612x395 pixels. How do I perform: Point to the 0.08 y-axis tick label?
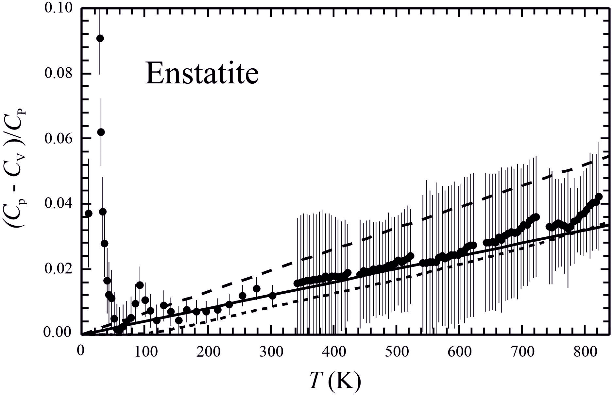click(x=58, y=73)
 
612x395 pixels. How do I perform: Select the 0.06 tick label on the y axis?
click(x=58, y=138)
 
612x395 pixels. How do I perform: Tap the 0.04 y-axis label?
click(x=58, y=203)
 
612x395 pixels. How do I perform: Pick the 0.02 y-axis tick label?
click(x=58, y=268)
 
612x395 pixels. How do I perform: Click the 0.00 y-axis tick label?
click(x=58, y=333)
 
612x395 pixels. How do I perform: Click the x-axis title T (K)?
click(x=335, y=381)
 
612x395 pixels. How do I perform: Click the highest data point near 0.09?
click(x=100, y=38)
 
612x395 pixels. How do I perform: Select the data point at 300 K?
click(x=272, y=296)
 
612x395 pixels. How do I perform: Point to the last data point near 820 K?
click(x=599, y=197)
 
